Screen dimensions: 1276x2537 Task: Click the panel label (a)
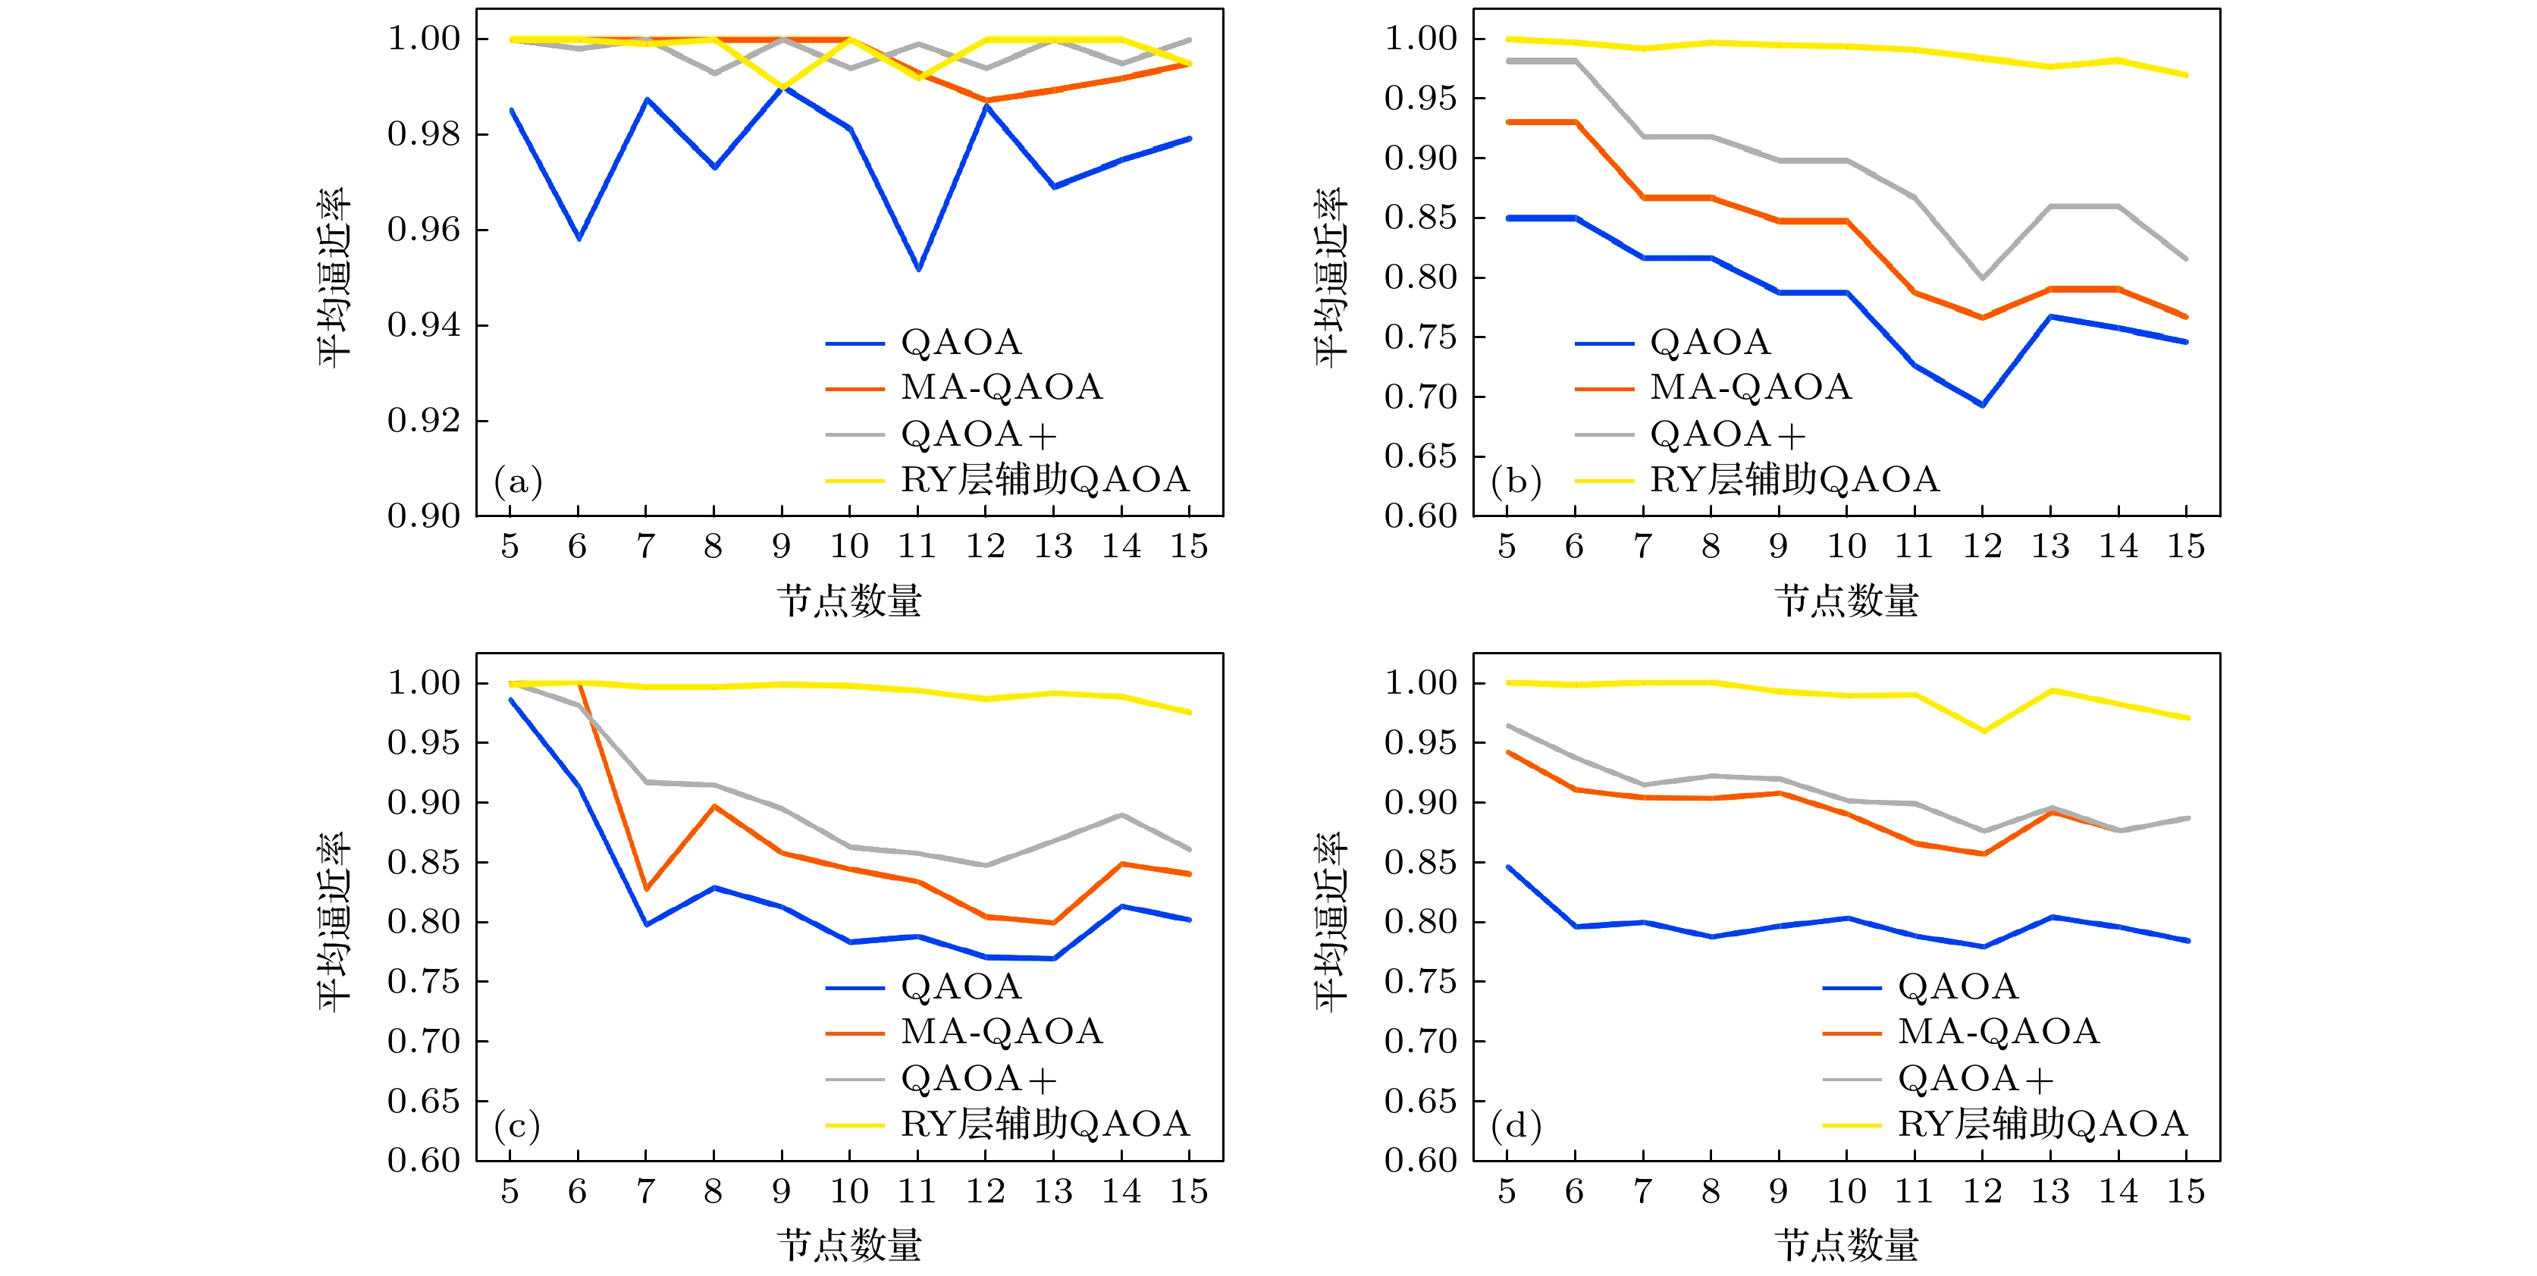(518, 481)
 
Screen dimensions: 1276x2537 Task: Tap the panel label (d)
(1516, 1125)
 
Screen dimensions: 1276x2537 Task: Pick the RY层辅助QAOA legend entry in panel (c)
(1044, 1124)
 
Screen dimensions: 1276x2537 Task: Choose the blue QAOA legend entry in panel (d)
(1958, 986)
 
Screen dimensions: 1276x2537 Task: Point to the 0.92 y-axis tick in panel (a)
(424, 422)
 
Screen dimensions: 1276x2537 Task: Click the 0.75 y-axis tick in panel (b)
(1420, 337)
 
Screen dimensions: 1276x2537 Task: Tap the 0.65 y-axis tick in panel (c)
(424, 1101)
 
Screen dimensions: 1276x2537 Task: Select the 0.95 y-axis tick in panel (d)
(1420, 743)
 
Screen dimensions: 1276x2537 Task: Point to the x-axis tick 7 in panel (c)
(646, 1191)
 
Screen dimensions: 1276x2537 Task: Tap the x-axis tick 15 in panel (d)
(2185, 1191)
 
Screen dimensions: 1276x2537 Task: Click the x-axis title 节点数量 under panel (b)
(1846, 600)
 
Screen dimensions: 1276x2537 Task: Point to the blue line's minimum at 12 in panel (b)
(1983, 405)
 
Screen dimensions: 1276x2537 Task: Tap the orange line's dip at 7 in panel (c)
(646, 889)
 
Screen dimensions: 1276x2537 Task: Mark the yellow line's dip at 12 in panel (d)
(1984, 731)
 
